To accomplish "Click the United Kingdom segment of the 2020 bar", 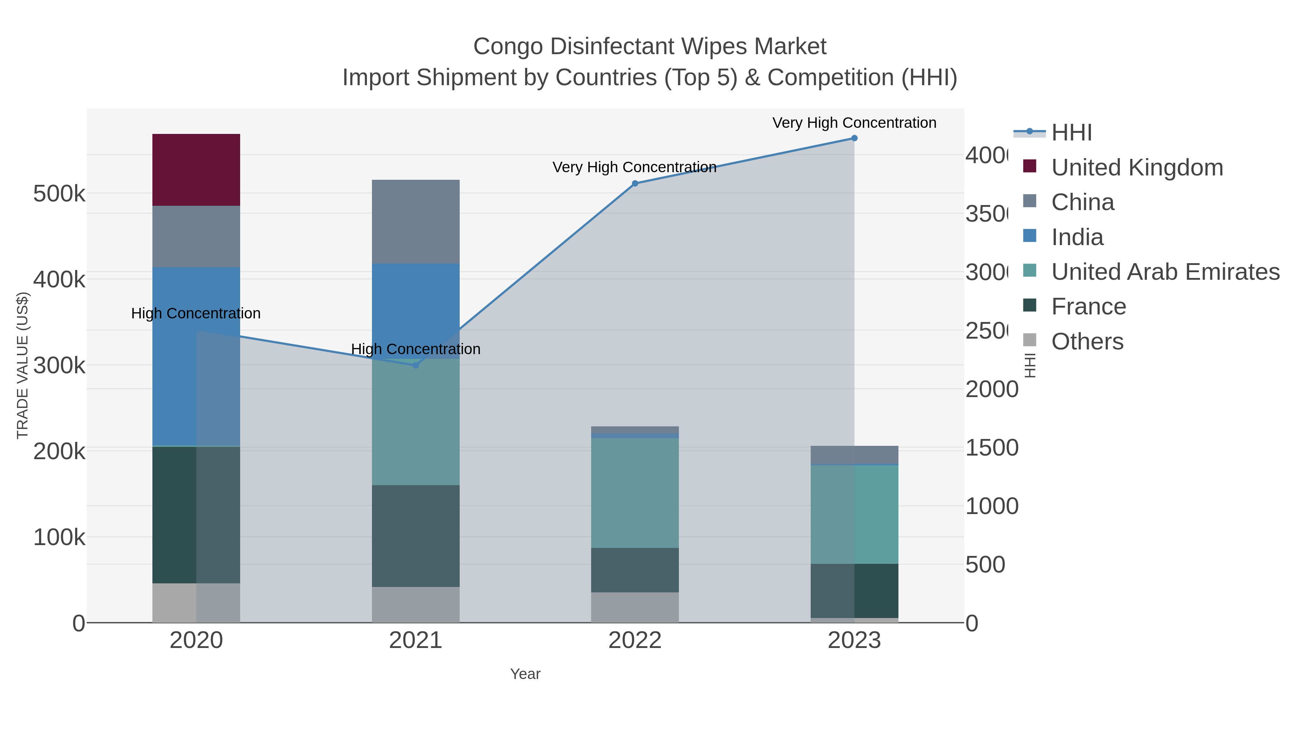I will tap(196, 170).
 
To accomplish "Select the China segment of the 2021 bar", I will tap(415, 222).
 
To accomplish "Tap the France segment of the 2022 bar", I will tap(634, 570).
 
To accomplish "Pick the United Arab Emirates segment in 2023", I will tap(854, 514).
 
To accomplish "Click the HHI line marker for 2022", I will tap(635, 184).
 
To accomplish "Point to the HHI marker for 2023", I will tap(854, 138).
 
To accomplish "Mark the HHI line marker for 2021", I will tap(415, 365).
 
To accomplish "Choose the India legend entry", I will tap(1077, 237).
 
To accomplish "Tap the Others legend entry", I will tap(1087, 341).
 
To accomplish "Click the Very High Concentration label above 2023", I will tap(854, 123).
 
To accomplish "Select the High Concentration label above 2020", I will tap(196, 313).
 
